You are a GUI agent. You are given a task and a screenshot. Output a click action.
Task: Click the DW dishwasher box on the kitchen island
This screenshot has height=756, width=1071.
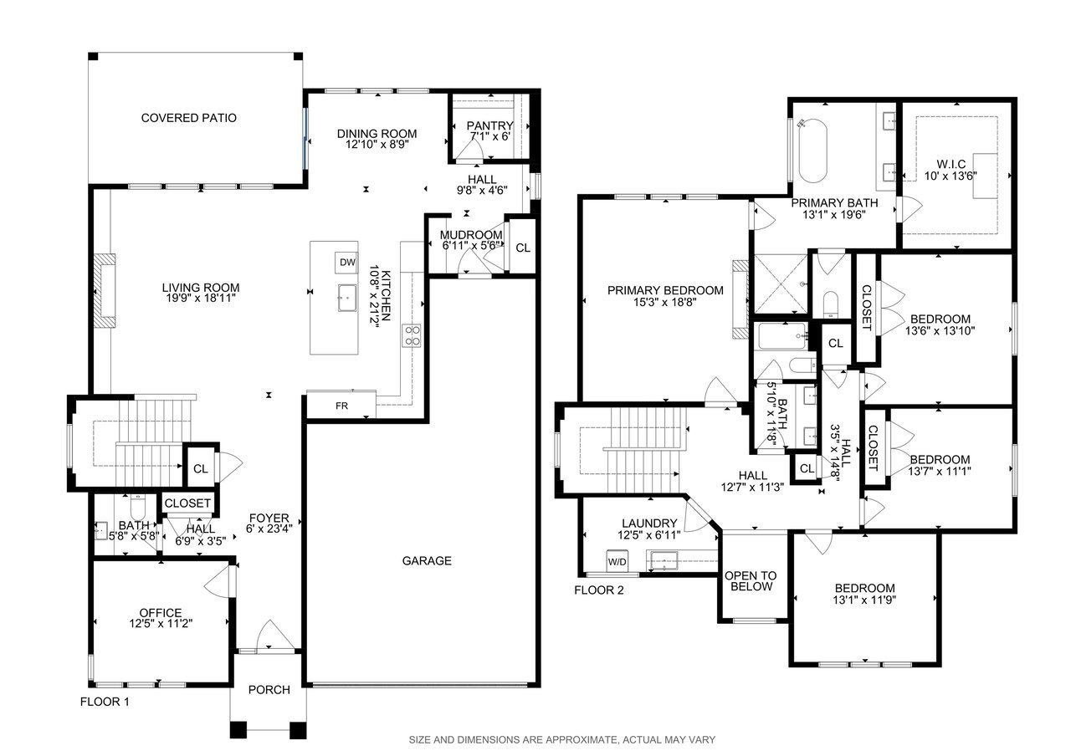[x=346, y=263]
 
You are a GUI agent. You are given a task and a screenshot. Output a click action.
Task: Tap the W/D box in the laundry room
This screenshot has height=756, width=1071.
[x=617, y=561]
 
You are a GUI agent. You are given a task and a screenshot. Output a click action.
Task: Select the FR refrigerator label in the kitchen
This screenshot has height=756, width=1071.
[x=342, y=406]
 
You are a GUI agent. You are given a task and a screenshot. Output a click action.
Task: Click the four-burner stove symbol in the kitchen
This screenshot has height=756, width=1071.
[x=411, y=336]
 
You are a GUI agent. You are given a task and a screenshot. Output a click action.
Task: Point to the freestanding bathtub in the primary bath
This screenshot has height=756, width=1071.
[x=812, y=151]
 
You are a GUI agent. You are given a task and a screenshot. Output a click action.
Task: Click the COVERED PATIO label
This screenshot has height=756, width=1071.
[x=189, y=118]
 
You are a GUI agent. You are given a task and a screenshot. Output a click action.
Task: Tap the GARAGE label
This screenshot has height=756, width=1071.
[x=427, y=560]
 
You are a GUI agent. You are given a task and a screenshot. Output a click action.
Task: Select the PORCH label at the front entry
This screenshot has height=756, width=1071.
[x=269, y=690]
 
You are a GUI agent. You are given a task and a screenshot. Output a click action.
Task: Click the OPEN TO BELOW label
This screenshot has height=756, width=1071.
[x=751, y=581]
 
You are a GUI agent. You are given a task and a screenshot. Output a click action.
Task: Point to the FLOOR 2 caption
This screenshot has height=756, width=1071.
[x=599, y=590]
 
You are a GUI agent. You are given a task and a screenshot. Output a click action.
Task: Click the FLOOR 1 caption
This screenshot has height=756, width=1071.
[x=105, y=702]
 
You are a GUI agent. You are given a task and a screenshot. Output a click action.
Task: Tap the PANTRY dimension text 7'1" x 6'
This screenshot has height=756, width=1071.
[x=490, y=136]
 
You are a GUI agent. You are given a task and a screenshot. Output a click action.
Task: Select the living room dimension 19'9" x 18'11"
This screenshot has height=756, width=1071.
[x=199, y=299]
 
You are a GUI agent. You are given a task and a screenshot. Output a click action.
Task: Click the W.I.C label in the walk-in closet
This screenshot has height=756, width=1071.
[x=951, y=165]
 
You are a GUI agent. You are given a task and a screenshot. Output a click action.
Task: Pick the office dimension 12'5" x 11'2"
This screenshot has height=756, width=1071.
[x=161, y=623]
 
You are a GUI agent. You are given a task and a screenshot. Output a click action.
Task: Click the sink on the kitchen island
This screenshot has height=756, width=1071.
[x=346, y=299]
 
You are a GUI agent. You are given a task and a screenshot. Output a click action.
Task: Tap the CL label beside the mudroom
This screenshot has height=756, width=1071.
[x=523, y=248]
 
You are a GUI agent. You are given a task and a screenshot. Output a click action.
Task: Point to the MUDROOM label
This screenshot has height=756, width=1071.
[x=471, y=235]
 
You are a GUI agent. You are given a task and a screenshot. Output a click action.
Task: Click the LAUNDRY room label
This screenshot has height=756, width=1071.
[x=649, y=524]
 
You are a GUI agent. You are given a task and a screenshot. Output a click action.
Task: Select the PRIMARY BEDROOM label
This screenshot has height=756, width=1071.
[x=665, y=290]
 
